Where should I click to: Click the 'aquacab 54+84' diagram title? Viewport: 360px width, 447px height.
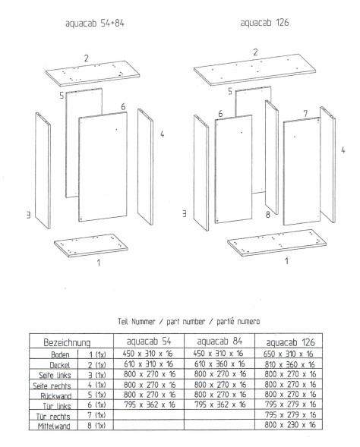[x=95, y=23]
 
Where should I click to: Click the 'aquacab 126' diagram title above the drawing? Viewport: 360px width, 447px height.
[x=264, y=23]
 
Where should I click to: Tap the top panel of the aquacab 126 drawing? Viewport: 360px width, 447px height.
[x=254, y=70]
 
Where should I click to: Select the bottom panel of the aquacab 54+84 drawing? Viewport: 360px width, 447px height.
[x=91, y=245]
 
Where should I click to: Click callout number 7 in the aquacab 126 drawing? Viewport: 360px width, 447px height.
[x=305, y=114]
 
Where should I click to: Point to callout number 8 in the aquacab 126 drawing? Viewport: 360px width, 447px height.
[x=267, y=214]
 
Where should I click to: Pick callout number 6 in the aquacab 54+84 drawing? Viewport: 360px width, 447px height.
[x=123, y=106]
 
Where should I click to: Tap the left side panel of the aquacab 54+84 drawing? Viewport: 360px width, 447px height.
[x=43, y=171]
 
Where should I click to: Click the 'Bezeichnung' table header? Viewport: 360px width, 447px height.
[x=67, y=342]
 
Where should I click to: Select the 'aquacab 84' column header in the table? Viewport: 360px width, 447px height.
[x=219, y=341]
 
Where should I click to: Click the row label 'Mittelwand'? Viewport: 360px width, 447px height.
[x=54, y=427]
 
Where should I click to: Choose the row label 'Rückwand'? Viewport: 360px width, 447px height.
[x=56, y=395]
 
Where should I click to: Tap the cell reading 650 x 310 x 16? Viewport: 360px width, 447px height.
[x=288, y=354]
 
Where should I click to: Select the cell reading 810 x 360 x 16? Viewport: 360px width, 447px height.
[x=289, y=364]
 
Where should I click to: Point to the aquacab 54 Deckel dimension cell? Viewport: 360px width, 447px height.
[x=148, y=364]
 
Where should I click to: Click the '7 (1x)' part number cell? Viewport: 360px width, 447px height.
[x=96, y=415]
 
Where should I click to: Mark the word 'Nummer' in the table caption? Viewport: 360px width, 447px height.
[x=144, y=322]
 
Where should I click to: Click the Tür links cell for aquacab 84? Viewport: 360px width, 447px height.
[x=220, y=405]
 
